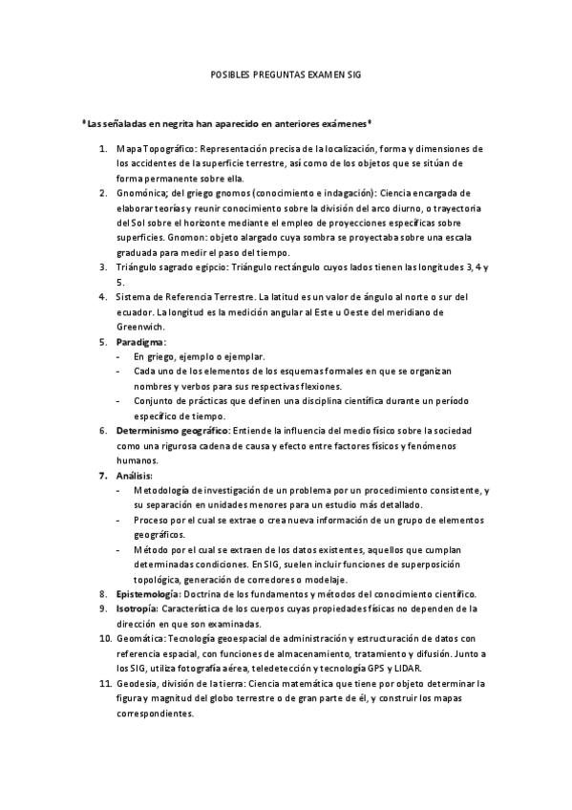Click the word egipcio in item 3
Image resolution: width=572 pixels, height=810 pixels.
pos(205,267)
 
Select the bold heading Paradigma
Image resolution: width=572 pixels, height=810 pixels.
pos(140,341)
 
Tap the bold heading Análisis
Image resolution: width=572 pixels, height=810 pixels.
pos(135,475)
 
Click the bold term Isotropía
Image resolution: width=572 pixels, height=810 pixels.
pos(138,607)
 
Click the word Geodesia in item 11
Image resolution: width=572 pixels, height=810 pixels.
pos(138,683)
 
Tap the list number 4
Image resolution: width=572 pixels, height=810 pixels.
pos(103,297)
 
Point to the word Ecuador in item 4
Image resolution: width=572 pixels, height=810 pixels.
pos(137,312)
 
